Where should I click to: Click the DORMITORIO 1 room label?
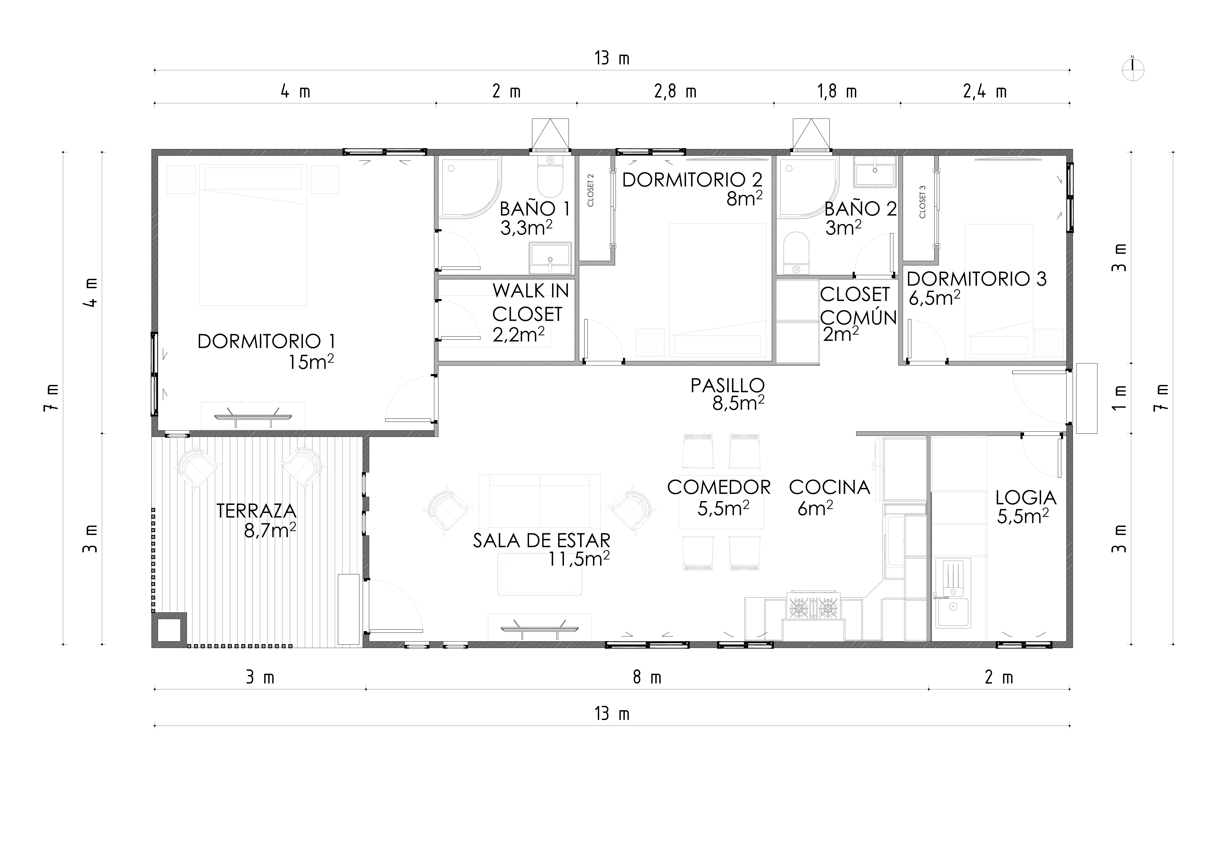[266, 342]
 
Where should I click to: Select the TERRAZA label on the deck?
[257, 511]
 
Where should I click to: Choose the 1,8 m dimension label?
[837, 92]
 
